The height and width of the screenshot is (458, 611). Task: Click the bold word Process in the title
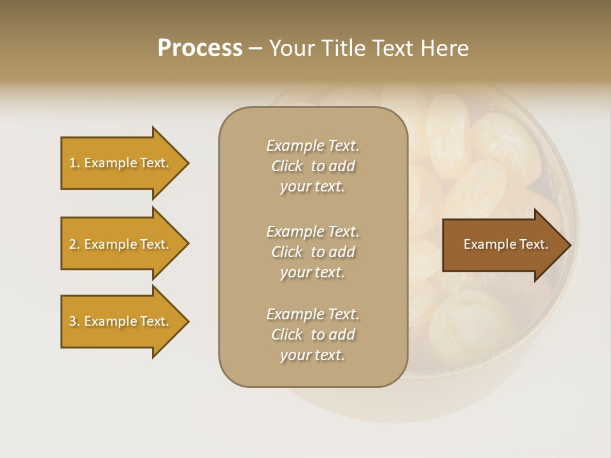pos(200,48)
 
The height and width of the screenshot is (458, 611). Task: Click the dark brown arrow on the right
pos(503,244)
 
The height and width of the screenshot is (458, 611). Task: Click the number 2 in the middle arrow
pos(73,244)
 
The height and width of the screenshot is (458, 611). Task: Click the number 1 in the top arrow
pos(73,163)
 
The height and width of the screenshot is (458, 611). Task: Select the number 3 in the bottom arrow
pos(73,321)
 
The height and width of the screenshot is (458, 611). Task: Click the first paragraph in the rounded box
pos(313,166)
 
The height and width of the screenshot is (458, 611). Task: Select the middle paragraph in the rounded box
pos(313,252)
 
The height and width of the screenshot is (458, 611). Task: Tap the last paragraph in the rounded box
pos(313,335)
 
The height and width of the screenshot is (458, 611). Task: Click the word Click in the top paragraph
pos(287,166)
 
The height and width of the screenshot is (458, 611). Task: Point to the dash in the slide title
pos(255,48)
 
